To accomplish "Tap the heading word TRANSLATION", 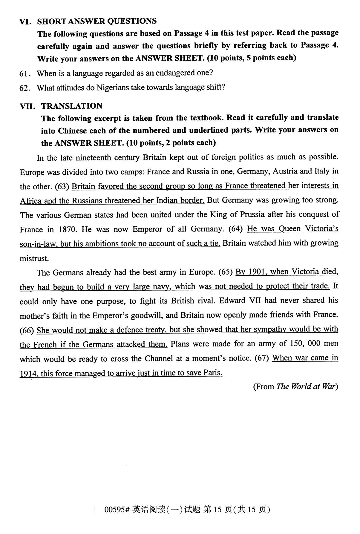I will point(72,106).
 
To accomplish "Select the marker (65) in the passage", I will point(226,272).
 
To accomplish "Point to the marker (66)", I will point(27,330).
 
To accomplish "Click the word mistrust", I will point(34,258).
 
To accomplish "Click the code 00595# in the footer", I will point(117,510).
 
